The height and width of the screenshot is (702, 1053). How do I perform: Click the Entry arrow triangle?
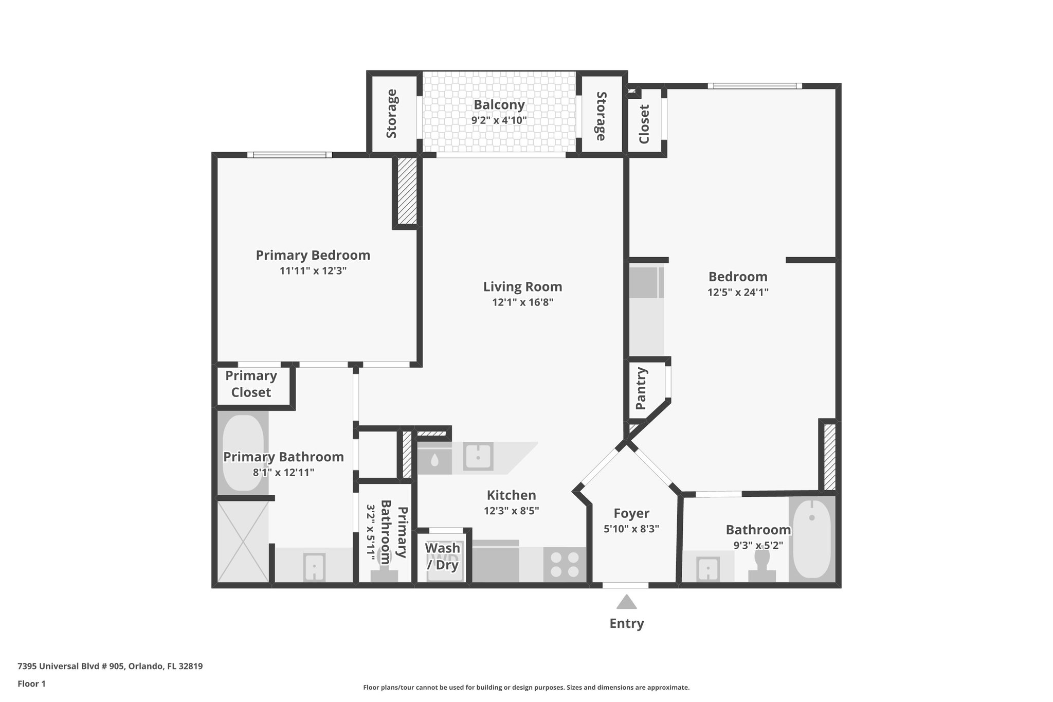point(626,602)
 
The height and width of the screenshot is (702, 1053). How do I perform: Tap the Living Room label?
point(522,286)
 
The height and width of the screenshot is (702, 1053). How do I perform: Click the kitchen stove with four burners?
point(565,564)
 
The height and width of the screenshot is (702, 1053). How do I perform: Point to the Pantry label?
point(641,388)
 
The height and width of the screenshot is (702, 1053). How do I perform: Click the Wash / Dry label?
point(442,556)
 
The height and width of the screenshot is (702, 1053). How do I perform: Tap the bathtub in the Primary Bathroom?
point(242,453)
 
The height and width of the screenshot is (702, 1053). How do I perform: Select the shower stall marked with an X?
point(243,542)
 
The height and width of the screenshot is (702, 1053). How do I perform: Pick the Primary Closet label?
point(251,384)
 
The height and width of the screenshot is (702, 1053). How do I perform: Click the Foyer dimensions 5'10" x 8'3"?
point(631,529)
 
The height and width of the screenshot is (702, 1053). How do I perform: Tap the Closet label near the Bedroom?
point(644,124)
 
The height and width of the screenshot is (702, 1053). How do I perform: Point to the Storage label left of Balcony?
point(392,114)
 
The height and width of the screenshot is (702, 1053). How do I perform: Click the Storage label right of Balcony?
point(600,116)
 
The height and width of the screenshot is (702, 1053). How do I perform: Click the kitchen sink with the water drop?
point(434,458)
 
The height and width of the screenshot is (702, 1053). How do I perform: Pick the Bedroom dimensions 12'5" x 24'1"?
point(737,292)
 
